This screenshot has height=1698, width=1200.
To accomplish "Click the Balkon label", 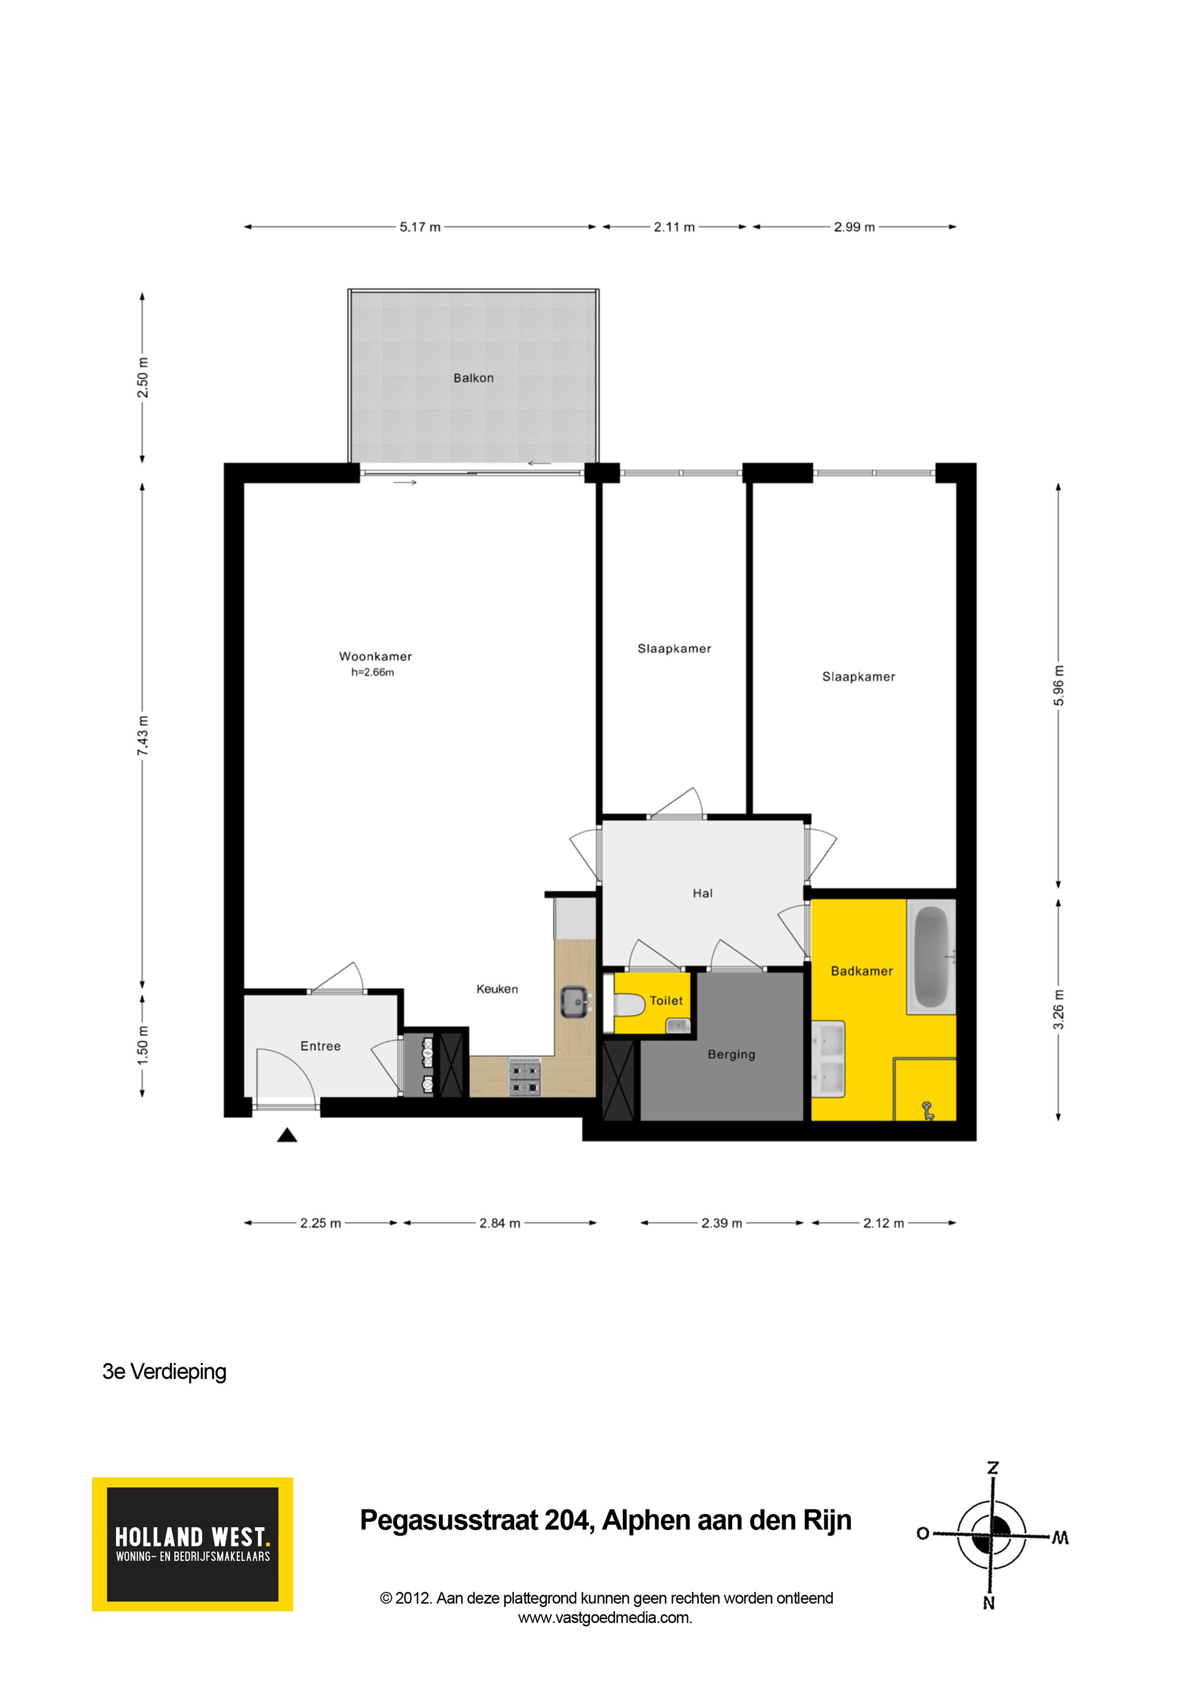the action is [473, 378].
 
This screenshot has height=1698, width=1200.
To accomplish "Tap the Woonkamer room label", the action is [375, 656].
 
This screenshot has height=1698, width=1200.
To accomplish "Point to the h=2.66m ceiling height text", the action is [373, 672].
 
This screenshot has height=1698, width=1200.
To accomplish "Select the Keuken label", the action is [497, 989].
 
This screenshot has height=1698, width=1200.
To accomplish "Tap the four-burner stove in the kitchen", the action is [525, 1077].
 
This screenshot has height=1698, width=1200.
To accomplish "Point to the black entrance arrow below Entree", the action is [287, 1135].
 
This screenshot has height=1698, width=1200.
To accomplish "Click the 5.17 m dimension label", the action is [420, 227].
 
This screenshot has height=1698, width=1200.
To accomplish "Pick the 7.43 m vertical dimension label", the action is [143, 735].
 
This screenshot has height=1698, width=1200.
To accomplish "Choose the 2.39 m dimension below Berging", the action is [721, 1223].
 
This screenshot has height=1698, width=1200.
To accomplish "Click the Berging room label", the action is [731, 1054].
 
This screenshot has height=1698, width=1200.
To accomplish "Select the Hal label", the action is [702, 893].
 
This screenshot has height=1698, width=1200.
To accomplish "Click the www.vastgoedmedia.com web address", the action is [605, 1617].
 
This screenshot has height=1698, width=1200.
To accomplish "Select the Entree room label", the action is [320, 1045].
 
